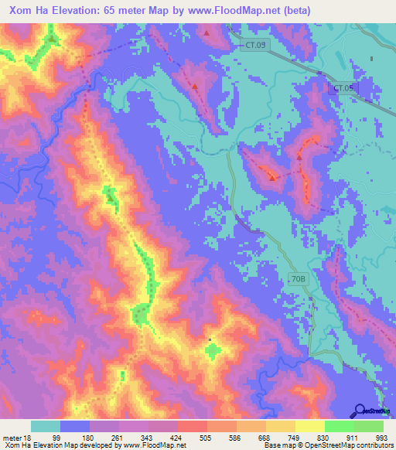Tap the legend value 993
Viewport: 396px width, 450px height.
(381, 438)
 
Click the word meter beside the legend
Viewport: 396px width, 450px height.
(10, 438)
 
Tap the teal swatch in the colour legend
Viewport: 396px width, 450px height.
(46, 426)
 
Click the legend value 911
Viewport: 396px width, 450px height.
(352, 438)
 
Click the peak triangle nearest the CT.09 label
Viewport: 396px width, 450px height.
(207, 33)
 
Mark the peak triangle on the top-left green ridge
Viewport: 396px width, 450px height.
(52, 38)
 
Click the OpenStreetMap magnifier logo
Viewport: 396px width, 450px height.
(361, 411)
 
